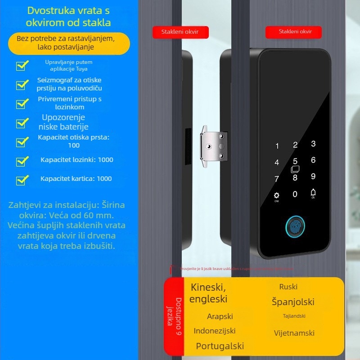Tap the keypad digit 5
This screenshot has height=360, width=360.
coord(295,161)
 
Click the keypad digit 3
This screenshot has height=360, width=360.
coord(313,144)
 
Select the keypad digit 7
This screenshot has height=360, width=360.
coord(277,179)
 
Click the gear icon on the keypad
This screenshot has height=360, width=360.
coord(277,196)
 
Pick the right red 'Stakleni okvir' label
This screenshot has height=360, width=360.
coord(294,31)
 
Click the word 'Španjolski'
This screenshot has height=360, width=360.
coord(293,302)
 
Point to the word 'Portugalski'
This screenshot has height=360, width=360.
coord(220,346)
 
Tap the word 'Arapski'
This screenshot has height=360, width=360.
coord(220,316)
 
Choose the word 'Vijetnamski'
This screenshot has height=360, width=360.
coord(294,333)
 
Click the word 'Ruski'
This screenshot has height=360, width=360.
coord(288,287)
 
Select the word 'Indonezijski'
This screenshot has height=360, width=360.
coord(215,331)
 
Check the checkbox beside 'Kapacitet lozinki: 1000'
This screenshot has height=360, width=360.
coord(22,161)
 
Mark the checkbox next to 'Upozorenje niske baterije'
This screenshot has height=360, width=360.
coord(22,123)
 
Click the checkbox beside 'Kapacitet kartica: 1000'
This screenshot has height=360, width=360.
coord(22,180)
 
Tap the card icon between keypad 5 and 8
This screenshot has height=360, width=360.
coord(295,170)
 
